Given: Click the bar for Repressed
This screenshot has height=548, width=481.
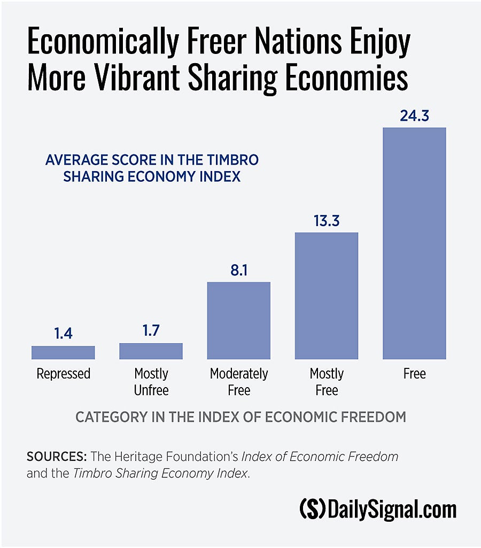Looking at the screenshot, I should pos(63,352).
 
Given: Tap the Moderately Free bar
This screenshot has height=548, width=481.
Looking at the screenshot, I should pos(238,320).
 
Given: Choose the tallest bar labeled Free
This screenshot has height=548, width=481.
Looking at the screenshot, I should pos(414,243).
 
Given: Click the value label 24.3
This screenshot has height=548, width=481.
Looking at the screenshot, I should pos(414,116).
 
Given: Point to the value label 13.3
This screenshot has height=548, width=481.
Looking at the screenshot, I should pos(326,221).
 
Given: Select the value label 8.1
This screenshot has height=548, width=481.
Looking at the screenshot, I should pos(238,270).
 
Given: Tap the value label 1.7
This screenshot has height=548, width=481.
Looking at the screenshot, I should pos(151,331).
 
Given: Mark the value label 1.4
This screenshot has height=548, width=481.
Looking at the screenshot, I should pos(63,334).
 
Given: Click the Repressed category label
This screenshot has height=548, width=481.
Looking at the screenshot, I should pos(63,374).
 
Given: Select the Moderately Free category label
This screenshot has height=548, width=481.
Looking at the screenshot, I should pos(238,382).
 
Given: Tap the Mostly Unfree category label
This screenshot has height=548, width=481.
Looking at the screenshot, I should pos(151,382).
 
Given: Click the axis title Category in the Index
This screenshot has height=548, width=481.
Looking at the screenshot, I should pos(241,417).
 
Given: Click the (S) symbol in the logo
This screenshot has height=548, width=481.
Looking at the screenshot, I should pos(312,510).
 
